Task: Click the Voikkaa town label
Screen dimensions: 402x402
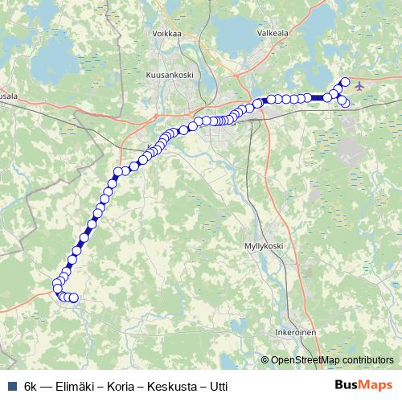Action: (x=167, y=34)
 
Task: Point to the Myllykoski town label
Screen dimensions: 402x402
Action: (x=265, y=245)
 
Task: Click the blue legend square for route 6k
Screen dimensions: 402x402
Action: (x=10, y=385)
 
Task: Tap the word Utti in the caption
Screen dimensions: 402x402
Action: (x=218, y=385)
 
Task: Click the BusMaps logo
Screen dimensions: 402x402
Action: (x=363, y=384)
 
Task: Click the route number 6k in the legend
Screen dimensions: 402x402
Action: (x=31, y=385)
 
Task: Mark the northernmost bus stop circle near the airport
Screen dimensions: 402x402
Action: (x=346, y=81)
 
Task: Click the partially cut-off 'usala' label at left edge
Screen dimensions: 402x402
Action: (x=9, y=95)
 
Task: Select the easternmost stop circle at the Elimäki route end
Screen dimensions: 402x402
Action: (x=74, y=298)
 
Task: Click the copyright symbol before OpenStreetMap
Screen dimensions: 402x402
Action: (x=266, y=359)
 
